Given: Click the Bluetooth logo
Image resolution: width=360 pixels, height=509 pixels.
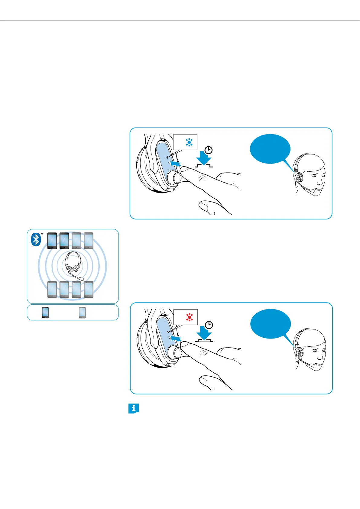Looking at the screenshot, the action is coord(36,240).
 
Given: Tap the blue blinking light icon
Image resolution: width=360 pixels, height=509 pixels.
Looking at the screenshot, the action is coord(189,142).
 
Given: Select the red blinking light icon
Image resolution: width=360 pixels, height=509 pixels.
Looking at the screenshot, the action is coord(190,317).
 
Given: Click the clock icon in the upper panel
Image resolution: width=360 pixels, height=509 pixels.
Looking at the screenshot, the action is coord(209,150).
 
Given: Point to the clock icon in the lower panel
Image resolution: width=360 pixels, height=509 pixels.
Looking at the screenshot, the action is coord(209,325).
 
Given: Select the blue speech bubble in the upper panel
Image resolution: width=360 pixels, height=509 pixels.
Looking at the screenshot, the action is coord(270,149).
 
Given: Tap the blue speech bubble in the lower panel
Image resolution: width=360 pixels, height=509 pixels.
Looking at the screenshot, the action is coord(271,324).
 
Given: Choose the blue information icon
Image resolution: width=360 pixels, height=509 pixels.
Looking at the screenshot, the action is coord(134,409).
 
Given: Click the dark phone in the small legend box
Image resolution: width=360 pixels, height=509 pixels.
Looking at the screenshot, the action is coord(45,313).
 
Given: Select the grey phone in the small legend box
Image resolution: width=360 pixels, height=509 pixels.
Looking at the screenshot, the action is coord(82,313).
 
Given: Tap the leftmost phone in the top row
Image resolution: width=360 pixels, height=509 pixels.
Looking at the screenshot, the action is coord(52,241).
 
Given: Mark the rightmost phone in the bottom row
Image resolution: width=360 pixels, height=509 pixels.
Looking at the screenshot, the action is coord(89,290).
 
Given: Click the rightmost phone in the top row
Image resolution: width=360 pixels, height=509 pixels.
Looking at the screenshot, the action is coord(89,241).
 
